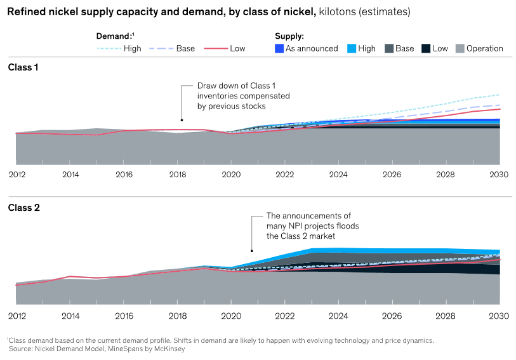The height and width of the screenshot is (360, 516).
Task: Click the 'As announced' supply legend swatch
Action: pos(279,48)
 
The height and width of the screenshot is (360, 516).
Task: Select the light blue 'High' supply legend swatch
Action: pos(352,48)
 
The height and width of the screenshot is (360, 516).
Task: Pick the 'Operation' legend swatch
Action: pos(460,48)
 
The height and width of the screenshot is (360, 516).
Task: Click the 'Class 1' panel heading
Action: pos(23,67)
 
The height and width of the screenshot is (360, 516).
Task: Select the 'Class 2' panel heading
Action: pos(23,208)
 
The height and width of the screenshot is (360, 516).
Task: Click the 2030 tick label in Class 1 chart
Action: pos(499,173)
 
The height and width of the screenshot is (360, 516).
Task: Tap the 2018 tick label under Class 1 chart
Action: pos(178,173)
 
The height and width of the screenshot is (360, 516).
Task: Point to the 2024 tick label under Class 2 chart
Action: pos(338,315)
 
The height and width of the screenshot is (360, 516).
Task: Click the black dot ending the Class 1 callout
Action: pos(182,120)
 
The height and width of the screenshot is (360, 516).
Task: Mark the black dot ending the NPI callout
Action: pos(252,250)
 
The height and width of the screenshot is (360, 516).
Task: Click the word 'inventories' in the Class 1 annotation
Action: pos(218,96)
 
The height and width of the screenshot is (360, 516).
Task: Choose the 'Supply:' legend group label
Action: pos(289,36)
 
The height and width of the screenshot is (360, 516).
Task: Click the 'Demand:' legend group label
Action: pos(113,36)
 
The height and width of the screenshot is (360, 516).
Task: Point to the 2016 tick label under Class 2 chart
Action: pos(124,315)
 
